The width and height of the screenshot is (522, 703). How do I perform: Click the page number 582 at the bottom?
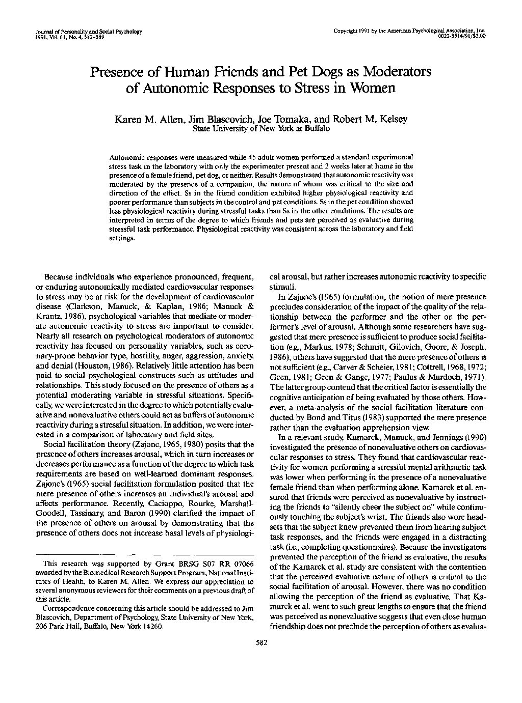[x=261, y=642]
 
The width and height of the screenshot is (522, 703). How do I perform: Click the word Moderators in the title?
[x=394, y=72]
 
